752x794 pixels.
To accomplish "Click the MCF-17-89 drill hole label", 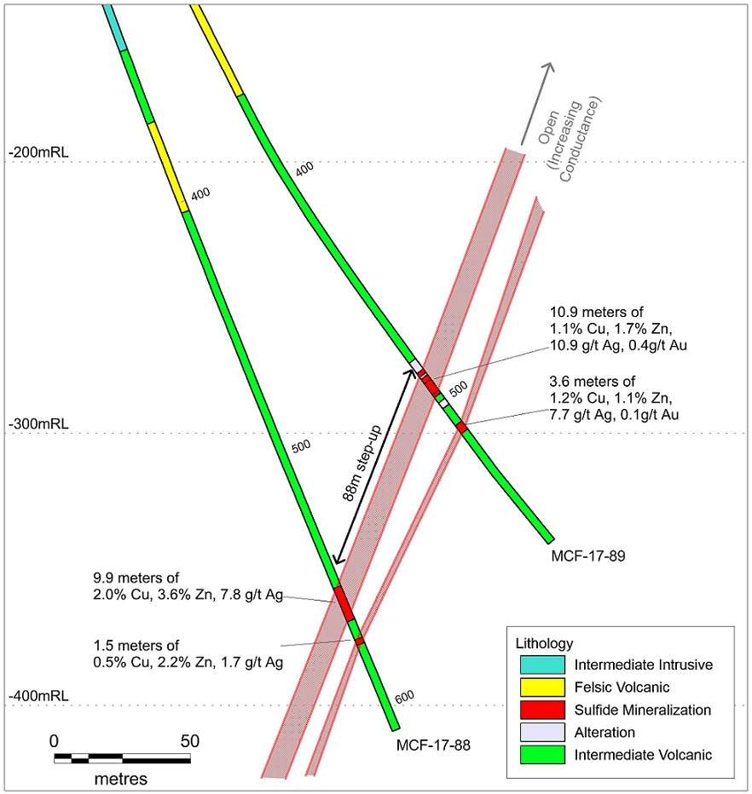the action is click(x=587, y=556).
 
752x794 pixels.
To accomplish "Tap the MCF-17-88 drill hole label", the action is click(x=433, y=745).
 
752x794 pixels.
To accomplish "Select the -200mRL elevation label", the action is click(x=38, y=152).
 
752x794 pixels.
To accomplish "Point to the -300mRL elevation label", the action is click(x=38, y=424).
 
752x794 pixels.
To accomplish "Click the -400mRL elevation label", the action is click(x=38, y=696).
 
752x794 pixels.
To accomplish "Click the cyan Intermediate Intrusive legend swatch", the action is click(x=542, y=665).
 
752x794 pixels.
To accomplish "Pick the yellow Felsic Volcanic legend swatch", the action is click(x=542, y=688).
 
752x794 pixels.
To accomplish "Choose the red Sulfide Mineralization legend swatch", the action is click(x=542, y=710).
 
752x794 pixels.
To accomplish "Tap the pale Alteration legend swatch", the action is click(x=542, y=732).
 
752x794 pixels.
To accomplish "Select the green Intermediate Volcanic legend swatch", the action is click(x=542, y=755).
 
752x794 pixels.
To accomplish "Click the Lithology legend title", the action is click(x=544, y=643).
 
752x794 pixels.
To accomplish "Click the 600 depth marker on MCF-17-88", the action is click(x=404, y=697).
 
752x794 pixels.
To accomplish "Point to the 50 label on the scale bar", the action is click(x=189, y=741).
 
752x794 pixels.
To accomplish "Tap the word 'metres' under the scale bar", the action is click(x=121, y=779).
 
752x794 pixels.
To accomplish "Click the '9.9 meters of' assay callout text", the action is click(x=136, y=578).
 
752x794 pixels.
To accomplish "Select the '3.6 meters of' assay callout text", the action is click(x=593, y=381).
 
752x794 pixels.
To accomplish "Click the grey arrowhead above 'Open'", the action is click(x=549, y=68).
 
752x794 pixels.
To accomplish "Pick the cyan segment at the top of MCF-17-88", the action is click(x=114, y=27).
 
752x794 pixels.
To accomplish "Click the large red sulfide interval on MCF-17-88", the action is click(x=344, y=603).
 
